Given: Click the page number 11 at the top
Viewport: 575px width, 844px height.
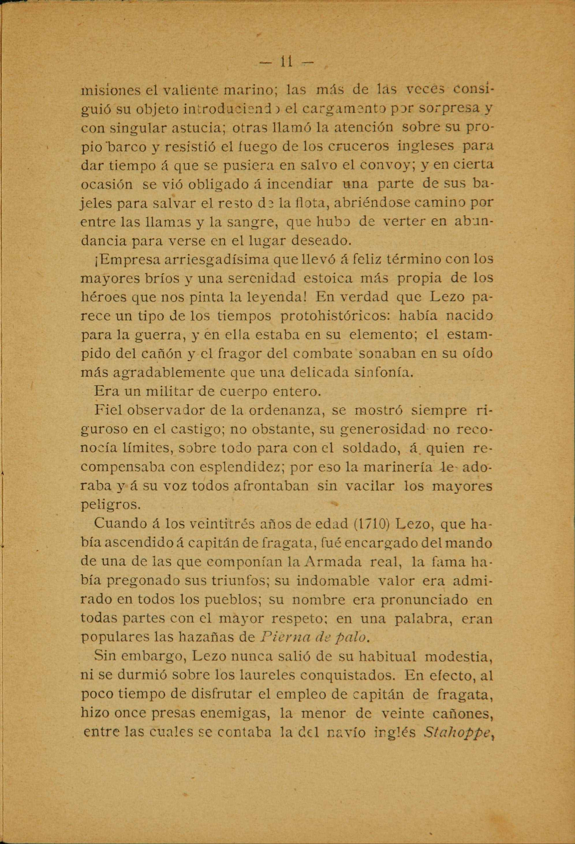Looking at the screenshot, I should (286, 62).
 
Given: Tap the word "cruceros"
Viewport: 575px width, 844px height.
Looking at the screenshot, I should (353, 146).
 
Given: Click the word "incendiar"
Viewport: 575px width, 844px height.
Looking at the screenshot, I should (300, 184).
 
